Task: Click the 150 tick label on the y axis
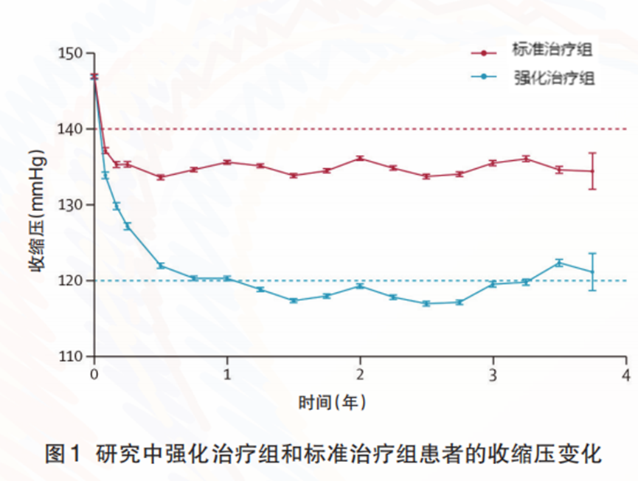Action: (74, 54)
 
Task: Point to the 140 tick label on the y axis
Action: (74, 129)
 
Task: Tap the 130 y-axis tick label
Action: (74, 205)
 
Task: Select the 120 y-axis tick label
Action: (74, 280)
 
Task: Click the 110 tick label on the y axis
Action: (74, 356)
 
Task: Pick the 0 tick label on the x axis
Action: (94, 374)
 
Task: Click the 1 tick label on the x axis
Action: (227, 374)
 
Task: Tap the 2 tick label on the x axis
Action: (360, 374)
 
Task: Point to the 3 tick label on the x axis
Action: (493, 374)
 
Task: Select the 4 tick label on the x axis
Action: (626, 374)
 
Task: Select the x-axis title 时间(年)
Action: (333, 403)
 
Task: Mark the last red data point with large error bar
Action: (592, 171)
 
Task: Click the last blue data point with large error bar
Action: (592, 271)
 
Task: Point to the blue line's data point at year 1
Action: (227, 278)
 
